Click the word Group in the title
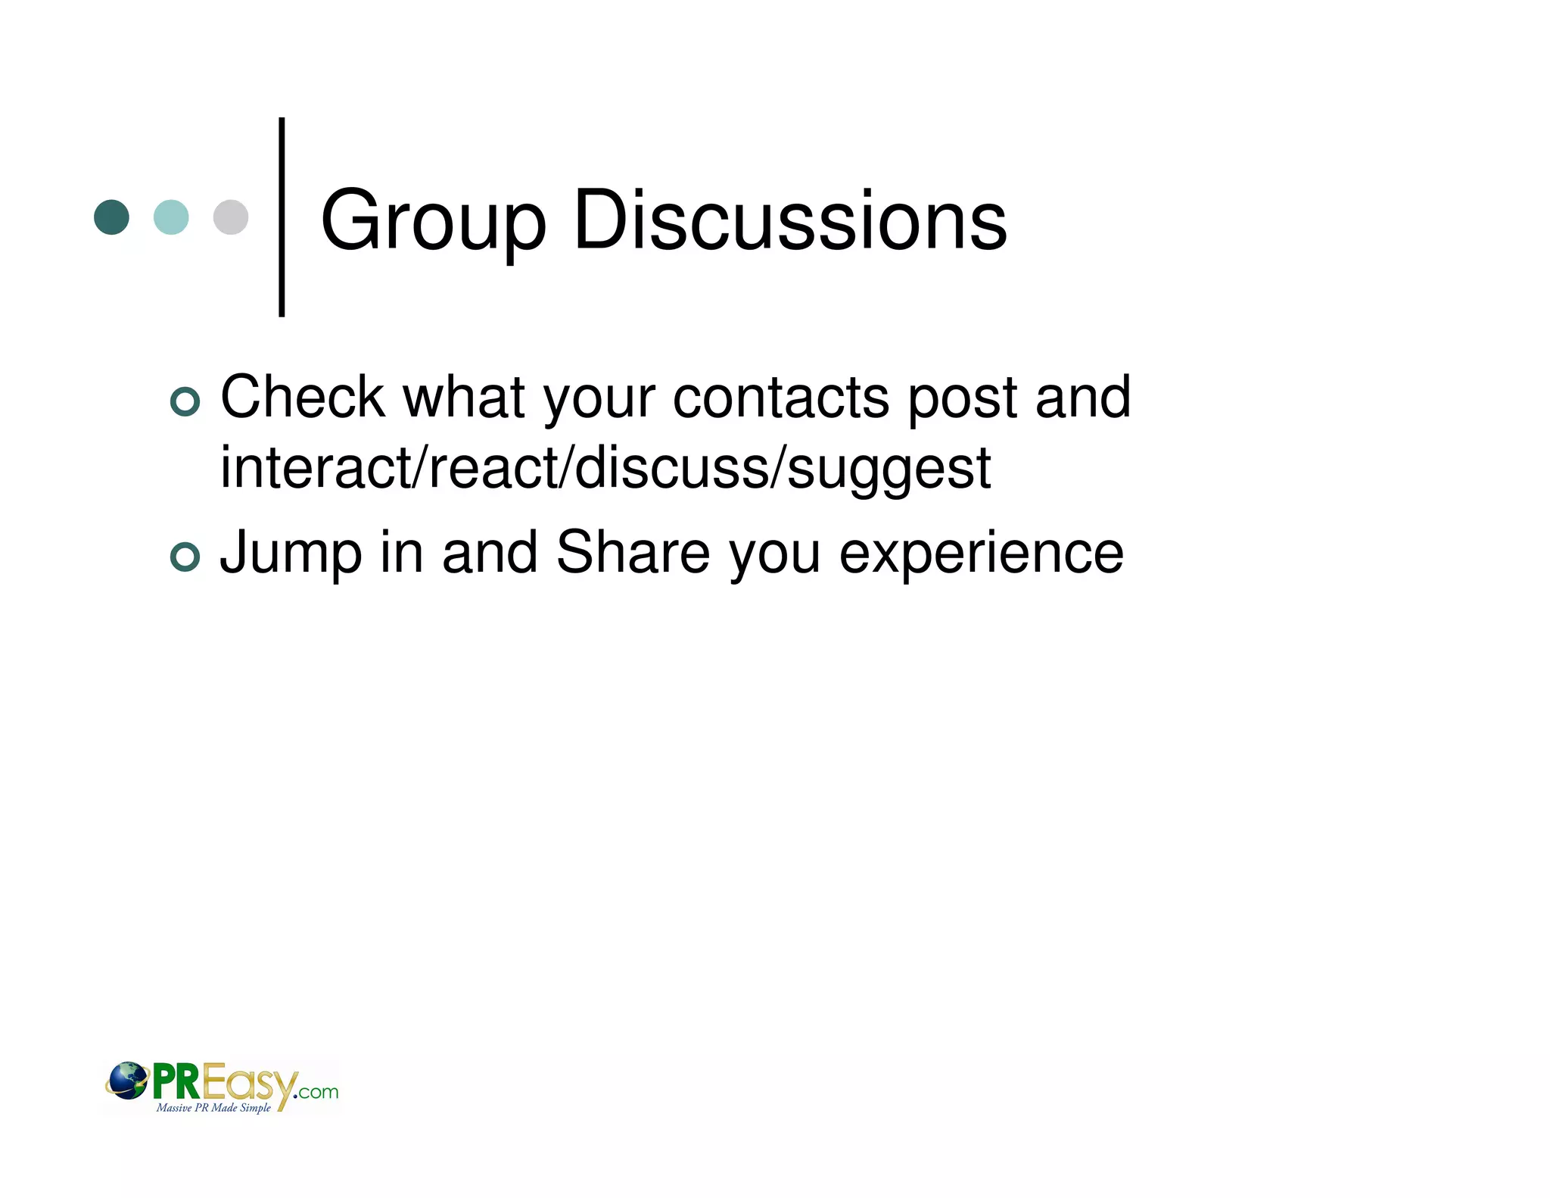[432, 221]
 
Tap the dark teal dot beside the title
[111, 217]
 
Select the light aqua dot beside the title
[171, 217]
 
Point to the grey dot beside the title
[231, 217]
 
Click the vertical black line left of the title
[282, 217]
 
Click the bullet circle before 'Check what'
[185, 401]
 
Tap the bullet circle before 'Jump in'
[185, 557]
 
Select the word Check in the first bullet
[303, 397]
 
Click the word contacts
[781, 398]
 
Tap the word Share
[633, 553]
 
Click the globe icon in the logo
[127, 1080]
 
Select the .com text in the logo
[317, 1092]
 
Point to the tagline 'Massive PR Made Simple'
[213, 1108]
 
